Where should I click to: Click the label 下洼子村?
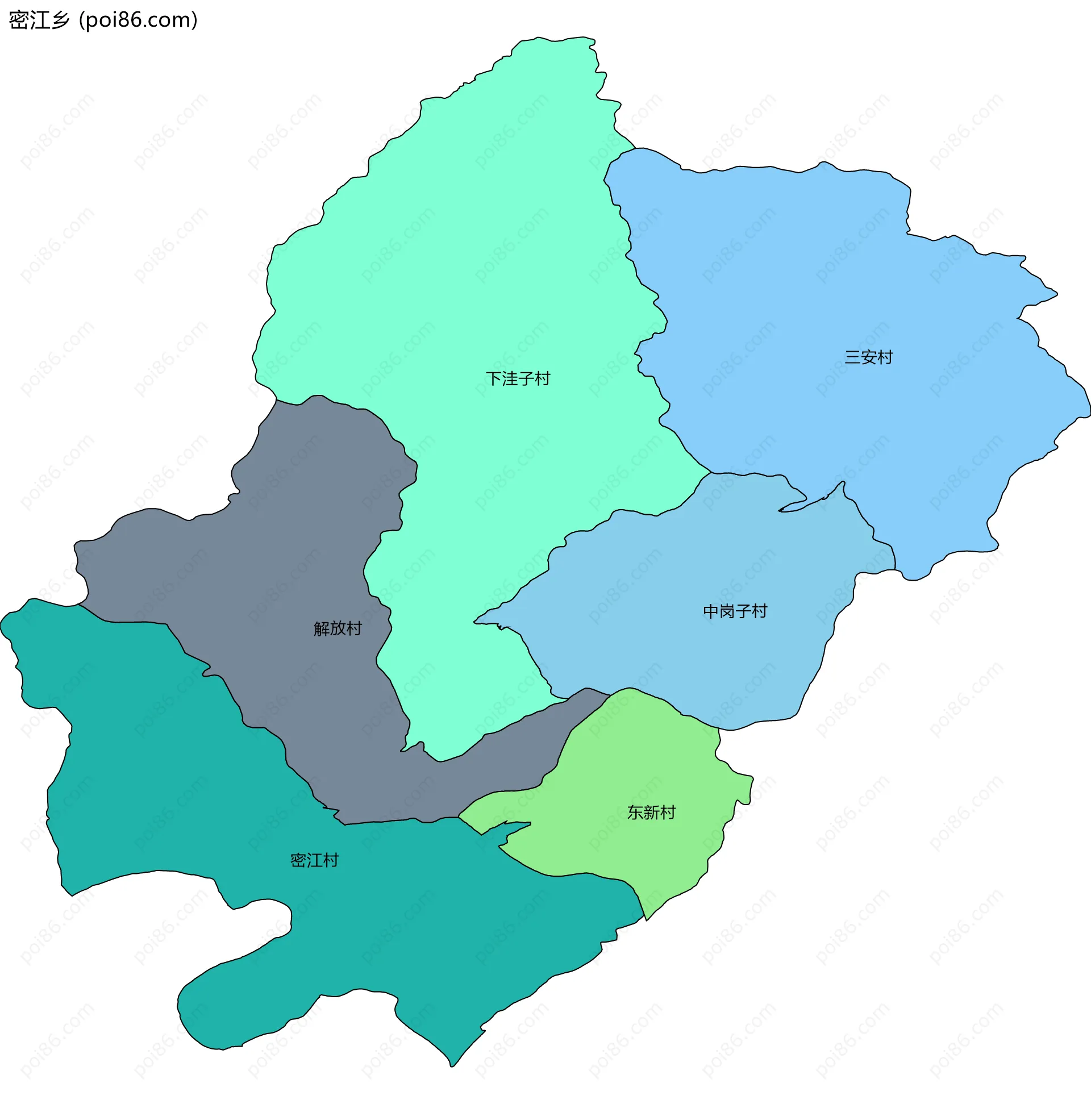pyautogui.click(x=517, y=378)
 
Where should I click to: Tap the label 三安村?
pyautogui.click(x=868, y=357)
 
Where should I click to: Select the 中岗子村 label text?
pyautogui.click(x=734, y=611)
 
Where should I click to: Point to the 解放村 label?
pyautogui.click(x=337, y=628)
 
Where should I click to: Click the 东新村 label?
pyautogui.click(x=651, y=812)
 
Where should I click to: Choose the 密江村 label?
pyautogui.click(x=314, y=860)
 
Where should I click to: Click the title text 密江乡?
pyautogui.click(x=39, y=20)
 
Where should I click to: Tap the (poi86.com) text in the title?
pyautogui.click(x=138, y=20)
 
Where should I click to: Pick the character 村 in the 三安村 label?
pyautogui.click(x=885, y=357)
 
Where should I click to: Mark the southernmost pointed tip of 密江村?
pyautogui.click(x=452, y=1066)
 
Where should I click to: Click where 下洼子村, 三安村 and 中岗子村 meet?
pyautogui.click(x=710, y=473)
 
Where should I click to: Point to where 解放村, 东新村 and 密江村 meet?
pyautogui.click(x=459, y=818)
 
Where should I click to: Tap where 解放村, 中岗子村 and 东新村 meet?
pyautogui.click(x=610, y=695)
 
